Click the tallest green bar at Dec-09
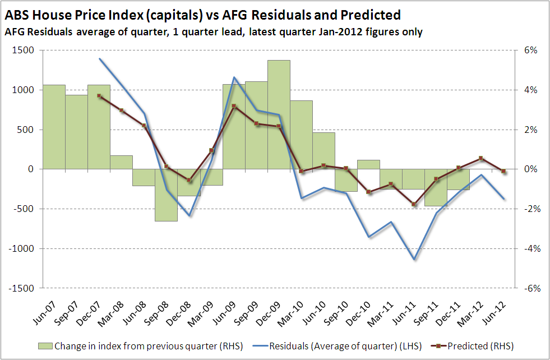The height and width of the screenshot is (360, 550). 279,114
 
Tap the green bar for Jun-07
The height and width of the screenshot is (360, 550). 54,127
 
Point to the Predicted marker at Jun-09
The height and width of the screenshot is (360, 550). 234,106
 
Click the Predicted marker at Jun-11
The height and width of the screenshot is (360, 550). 414,204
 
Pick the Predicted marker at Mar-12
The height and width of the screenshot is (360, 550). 481,158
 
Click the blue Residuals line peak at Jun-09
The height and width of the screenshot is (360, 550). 234,77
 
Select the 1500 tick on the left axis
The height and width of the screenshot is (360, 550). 24,50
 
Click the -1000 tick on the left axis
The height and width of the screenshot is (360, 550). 21,248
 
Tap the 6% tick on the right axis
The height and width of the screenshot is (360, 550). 530,50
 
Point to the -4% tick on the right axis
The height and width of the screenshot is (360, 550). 529,248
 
